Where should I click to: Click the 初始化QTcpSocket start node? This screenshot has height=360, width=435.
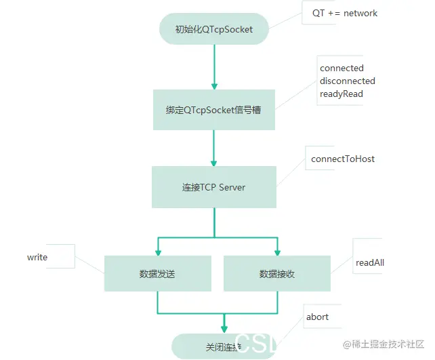[x=213, y=29]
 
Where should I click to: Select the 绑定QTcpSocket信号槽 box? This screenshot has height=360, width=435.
[x=213, y=110]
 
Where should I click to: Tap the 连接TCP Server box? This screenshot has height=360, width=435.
[x=213, y=187]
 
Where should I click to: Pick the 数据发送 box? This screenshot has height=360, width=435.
[x=157, y=274]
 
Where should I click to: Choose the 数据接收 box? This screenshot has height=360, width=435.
[x=276, y=274]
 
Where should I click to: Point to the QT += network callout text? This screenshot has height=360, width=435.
[x=345, y=13]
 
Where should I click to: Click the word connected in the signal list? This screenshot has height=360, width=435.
[x=341, y=68]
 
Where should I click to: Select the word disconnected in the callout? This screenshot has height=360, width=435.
[x=347, y=81]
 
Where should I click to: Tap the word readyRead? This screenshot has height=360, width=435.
[x=341, y=94]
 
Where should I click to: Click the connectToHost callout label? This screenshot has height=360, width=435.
[x=343, y=159]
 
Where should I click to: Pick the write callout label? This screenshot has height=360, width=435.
[x=37, y=257]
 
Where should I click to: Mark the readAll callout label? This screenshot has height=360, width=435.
[x=370, y=262]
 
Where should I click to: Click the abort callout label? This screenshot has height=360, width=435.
[x=317, y=316]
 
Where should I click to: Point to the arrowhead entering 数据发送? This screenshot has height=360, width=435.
[x=157, y=252]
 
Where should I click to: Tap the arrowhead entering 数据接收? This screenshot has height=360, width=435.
[x=277, y=252]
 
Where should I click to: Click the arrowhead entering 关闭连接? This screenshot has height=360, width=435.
[x=224, y=329]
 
